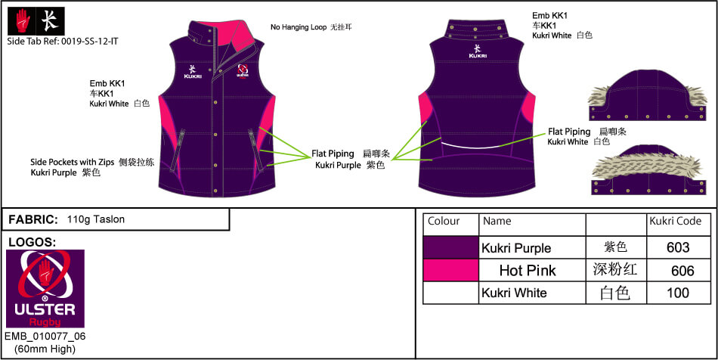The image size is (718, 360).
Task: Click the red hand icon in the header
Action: [x=22, y=21]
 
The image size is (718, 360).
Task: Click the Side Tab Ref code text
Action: [x=63, y=42]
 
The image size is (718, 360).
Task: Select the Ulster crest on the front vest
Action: [x=243, y=71]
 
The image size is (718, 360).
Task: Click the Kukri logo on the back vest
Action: [x=478, y=51]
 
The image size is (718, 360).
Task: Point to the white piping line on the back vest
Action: [x=475, y=145]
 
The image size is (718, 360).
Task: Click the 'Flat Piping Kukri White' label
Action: [x=586, y=136]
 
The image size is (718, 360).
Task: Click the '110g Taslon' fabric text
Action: [x=96, y=219]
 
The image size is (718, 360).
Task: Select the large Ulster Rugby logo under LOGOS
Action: [x=45, y=289]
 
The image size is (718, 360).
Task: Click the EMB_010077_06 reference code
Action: [x=45, y=337]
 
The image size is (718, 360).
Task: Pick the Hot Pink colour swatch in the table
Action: [x=450, y=270]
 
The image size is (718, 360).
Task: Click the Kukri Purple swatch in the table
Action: [x=450, y=247]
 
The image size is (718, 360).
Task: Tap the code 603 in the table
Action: [x=678, y=248]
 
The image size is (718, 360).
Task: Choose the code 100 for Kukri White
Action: [x=678, y=293]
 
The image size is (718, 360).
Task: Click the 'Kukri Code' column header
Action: [x=676, y=222]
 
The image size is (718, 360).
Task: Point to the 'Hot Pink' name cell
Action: [x=528, y=270]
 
